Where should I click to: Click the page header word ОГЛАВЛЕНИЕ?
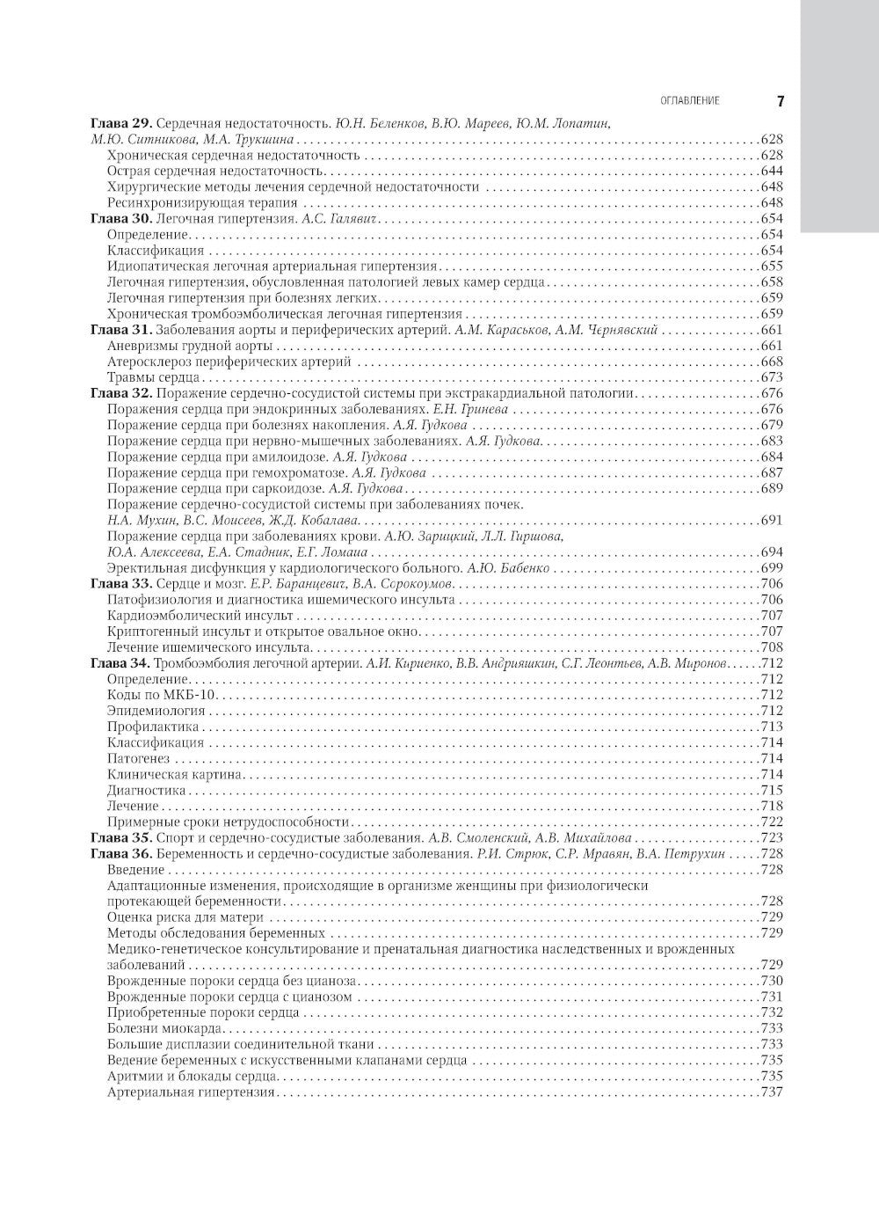coord(689,101)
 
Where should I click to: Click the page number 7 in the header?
coord(780,101)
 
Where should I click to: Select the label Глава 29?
coord(123,124)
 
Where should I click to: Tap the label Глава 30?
coord(123,219)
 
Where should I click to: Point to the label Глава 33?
coord(123,584)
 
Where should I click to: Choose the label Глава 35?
coord(123,838)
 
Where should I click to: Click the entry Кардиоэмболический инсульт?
coord(200,616)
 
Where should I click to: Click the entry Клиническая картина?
coord(174,775)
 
